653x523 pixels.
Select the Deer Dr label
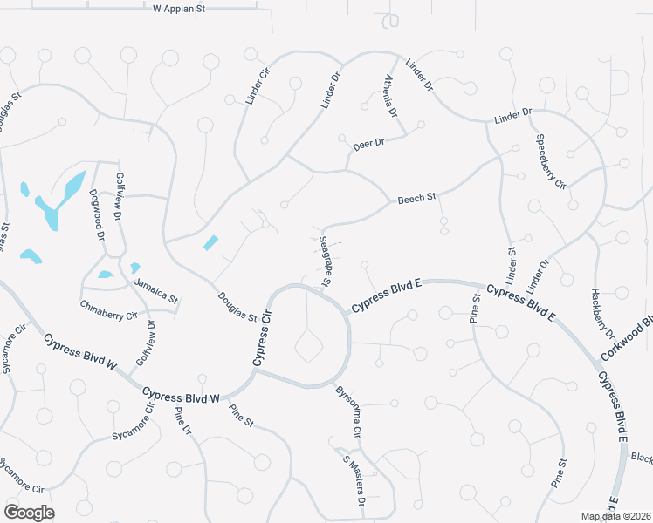368,144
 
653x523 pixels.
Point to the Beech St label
416,199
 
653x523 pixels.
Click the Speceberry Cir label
551,161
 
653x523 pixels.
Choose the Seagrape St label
325,261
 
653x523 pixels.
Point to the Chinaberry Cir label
109,309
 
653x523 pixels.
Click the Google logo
29,513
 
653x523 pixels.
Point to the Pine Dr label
182,421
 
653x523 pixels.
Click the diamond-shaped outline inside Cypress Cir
309,347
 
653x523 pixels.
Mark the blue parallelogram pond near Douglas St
210,243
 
